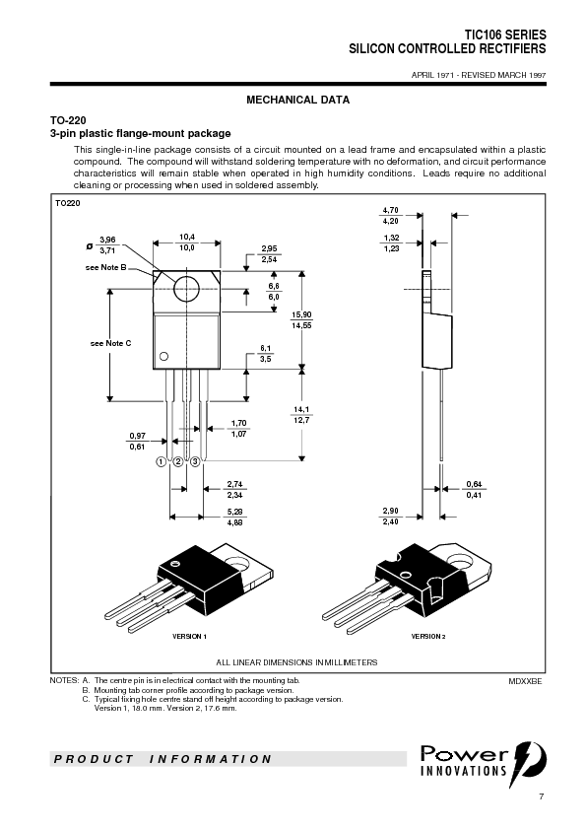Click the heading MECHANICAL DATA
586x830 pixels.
click(x=296, y=101)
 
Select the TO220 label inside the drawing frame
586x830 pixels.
click(x=67, y=203)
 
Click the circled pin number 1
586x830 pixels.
click(x=161, y=461)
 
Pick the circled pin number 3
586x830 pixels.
click(x=195, y=461)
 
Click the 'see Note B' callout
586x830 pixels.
click(x=105, y=267)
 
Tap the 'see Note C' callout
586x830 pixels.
click(x=110, y=342)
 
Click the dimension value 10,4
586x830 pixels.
click(x=186, y=237)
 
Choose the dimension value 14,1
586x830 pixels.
click(x=301, y=409)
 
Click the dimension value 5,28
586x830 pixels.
click(x=234, y=512)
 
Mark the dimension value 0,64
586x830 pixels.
click(x=474, y=483)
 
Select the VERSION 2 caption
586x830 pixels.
click(x=428, y=637)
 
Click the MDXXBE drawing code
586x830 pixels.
click(x=525, y=681)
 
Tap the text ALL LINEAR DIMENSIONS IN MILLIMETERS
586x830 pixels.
click(x=296, y=662)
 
